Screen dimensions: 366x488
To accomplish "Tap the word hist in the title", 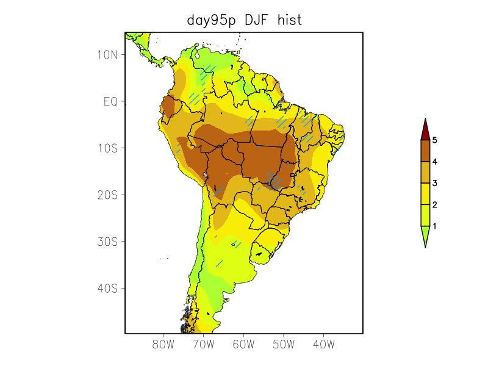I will (289, 20).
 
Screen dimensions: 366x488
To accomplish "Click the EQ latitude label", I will (110, 101).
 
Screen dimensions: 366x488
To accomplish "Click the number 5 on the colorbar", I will (435, 140).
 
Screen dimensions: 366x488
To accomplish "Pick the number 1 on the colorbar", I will (435, 226).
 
